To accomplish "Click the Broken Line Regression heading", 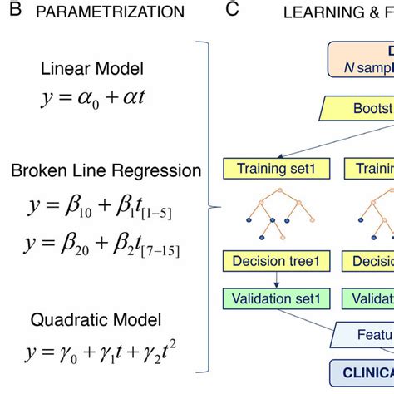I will tap(106, 170).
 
